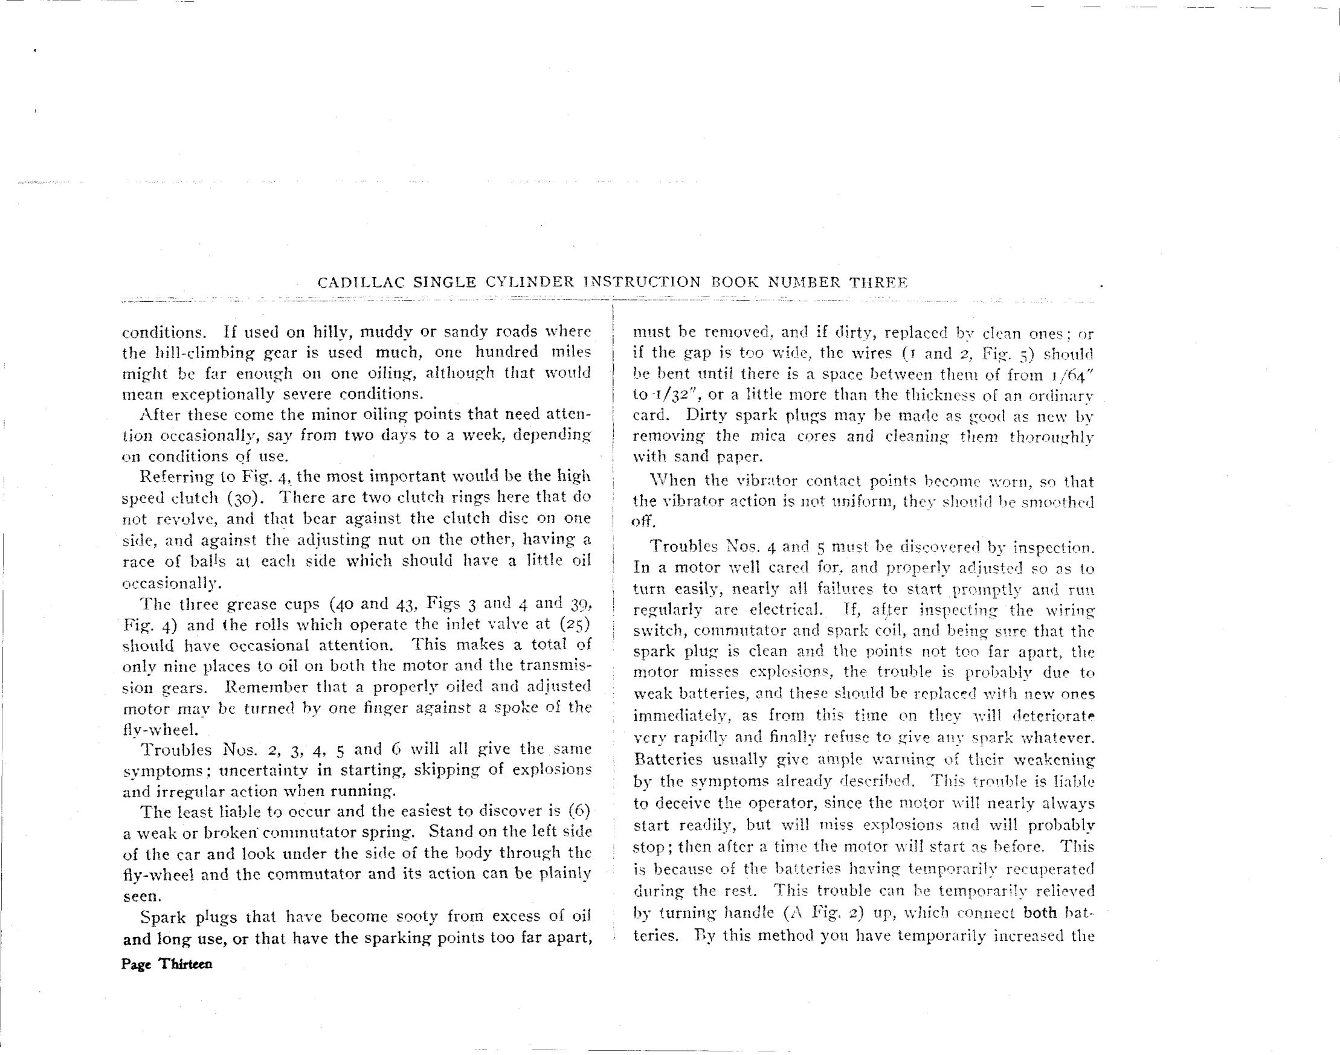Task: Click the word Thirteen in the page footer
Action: (185, 964)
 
